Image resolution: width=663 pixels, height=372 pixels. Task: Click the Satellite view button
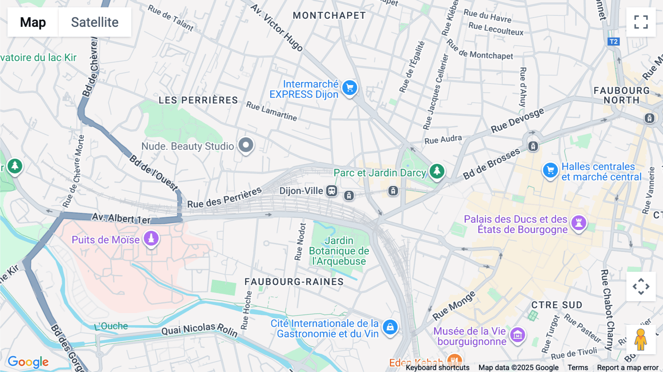95,22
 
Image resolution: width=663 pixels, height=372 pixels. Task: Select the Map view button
33,22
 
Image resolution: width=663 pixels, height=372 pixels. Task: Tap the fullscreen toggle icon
641,22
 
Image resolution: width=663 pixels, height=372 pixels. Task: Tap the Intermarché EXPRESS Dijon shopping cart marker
350,88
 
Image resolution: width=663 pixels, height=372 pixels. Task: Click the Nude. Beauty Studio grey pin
246,145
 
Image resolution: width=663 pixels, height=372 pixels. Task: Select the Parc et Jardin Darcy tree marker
437,171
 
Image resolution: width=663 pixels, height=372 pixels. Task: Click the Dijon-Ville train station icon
332,191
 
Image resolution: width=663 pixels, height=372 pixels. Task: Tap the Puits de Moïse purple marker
151,239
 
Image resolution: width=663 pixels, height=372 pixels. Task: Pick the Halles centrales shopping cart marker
550,171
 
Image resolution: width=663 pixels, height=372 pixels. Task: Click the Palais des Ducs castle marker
579,223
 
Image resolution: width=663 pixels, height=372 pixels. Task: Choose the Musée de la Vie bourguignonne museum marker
518,335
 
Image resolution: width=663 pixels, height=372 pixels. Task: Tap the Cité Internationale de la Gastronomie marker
390,327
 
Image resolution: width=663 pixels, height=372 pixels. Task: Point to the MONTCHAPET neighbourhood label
329,15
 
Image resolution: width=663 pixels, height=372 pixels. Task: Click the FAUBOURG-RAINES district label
294,282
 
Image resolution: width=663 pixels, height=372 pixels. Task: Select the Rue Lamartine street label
271,111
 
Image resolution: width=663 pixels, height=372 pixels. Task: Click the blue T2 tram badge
613,42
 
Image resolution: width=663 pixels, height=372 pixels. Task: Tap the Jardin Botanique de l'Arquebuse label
339,251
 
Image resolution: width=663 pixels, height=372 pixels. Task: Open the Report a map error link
628,368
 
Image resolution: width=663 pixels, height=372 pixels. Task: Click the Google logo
28,362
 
